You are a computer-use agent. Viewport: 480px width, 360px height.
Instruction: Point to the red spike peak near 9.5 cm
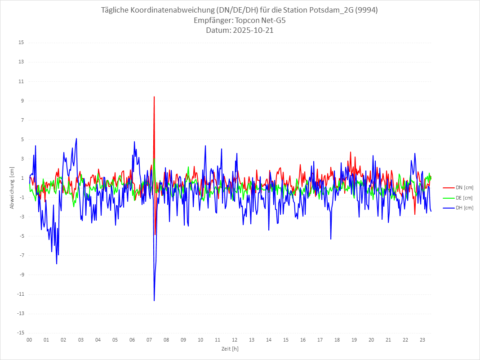[154, 97]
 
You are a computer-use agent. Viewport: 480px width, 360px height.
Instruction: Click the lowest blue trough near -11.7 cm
[154, 301]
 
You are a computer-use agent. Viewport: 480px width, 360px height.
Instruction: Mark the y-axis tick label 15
[21, 43]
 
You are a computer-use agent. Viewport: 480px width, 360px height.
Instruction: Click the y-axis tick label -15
[20, 333]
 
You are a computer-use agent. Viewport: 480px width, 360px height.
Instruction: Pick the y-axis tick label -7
[21, 255]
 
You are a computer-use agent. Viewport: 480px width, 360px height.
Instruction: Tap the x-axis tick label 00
[29, 340]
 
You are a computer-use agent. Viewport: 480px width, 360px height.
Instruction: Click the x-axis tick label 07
[149, 340]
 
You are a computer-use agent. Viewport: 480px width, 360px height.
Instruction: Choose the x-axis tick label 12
[235, 340]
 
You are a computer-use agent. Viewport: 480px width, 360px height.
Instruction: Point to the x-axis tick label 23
[422, 340]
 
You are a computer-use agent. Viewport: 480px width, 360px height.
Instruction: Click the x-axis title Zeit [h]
[230, 349]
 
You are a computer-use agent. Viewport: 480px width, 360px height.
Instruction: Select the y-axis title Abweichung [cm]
[12, 188]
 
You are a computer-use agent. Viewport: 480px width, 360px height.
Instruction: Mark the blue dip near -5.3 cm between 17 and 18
[331, 239]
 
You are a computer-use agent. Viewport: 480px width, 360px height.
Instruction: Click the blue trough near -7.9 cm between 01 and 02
[57, 264]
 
